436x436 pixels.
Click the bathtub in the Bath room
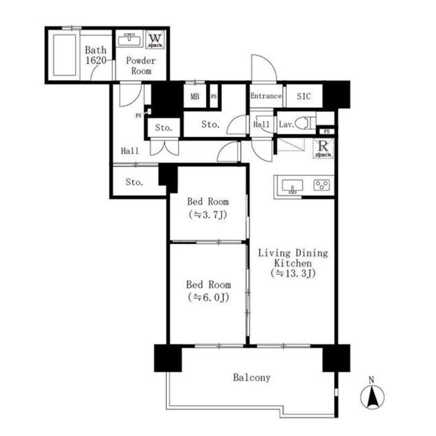pyautogui.click(x=65, y=55)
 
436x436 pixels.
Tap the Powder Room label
pyautogui.click(x=141, y=66)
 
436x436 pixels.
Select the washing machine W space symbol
pyautogui.click(x=155, y=40)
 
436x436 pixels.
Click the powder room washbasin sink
pyautogui.click(x=130, y=40)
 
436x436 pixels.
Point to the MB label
pyautogui.click(x=194, y=96)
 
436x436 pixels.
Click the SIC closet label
pyautogui.click(x=303, y=96)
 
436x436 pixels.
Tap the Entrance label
pyautogui.click(x=266, y=96)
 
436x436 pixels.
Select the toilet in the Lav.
pyautogui.click(x=305, y=123)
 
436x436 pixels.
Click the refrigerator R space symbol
pyautogui.click(x=323, y=148)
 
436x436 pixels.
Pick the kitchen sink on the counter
pyautogui.click(x=292, y=186)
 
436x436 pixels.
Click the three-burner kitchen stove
pyautogui.click(x=322, y=185)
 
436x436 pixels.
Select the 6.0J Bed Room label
pyautogui.click(x=208, y=291)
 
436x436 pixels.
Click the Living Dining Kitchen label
pyautogui.click(x=293, y=263)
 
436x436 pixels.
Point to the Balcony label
pyautogui.click(x=252, y=378)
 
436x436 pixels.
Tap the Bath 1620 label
pyautogui.click(x=95, y=55)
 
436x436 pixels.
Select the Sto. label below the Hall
pyautogui.click(x=134, y=182)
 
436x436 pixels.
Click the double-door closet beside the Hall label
pyautogui.click(x=164, y=147)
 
